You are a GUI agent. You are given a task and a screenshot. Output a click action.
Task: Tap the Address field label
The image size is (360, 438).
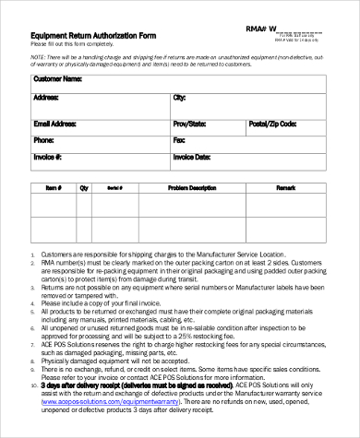pyautogui.click(x=46, y=97)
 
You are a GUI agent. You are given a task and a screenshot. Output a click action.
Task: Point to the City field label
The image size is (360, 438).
pyautogui.click(x=179, y=97)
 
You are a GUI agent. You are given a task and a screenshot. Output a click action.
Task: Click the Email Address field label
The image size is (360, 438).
pyautogui.click(x=56, y=124)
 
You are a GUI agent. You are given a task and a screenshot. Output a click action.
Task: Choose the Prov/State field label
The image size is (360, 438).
pyautogui.click(x=190, y=124)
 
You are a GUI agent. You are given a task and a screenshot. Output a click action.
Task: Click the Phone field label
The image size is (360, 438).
pyautogui.click(x=43, y=141)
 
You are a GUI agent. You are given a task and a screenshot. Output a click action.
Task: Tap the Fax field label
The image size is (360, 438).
pyautogui.click(x=179, y=141)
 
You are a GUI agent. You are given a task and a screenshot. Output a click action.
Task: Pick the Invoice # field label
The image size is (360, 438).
pyautogui.click(x=48, y=159)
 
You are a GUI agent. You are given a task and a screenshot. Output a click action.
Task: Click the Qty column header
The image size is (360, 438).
pyautogui.click(x=84, y=187)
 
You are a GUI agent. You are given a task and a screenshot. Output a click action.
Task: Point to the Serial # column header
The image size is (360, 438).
pyautogui.click(x=115, y=187)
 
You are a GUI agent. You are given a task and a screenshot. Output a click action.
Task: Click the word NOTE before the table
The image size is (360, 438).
pyautogui.click(x=38, y=56)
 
